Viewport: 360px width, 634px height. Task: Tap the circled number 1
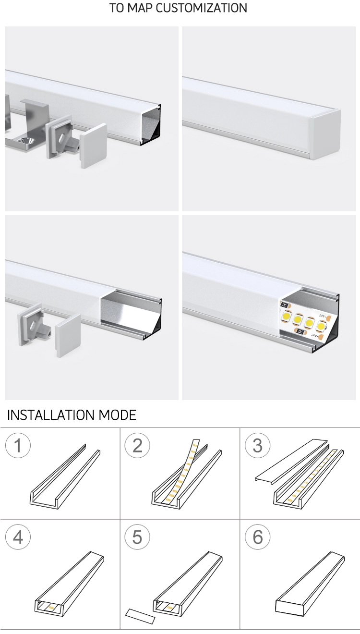18,446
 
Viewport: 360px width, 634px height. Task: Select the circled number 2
137,446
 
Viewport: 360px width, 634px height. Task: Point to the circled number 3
258,446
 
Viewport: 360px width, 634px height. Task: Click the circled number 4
18,537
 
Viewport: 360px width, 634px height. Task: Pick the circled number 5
137,537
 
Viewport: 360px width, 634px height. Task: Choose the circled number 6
258,537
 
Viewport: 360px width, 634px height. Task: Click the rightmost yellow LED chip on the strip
321,327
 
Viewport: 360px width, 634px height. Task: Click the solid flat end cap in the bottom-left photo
68,336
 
